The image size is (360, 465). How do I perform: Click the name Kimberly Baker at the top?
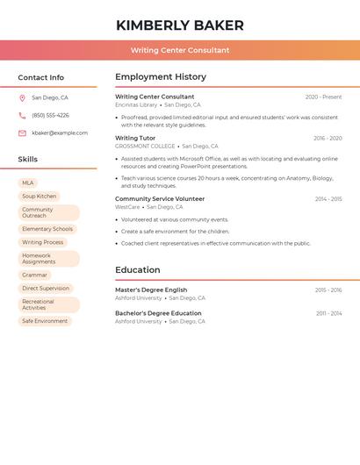[180, 25]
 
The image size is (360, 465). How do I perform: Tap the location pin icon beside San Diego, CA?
[22, 98]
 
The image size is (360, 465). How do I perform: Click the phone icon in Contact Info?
[22, 116]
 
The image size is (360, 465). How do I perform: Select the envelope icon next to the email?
[22, 133]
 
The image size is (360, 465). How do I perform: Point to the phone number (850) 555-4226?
[50, 116]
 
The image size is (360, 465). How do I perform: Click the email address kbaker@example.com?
[60, 133]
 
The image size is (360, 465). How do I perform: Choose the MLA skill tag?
[28, 183]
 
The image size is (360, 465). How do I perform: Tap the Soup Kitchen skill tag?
[40, 197]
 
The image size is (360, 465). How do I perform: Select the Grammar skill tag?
[35, 275]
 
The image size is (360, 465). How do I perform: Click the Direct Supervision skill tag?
[46, 289]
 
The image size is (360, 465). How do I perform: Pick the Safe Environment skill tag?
[45, 321]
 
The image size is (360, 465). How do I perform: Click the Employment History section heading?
[161, 77]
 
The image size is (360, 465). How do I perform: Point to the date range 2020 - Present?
[323, 97]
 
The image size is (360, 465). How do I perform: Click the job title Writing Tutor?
[135, 138]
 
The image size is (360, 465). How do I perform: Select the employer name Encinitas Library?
[136, 105]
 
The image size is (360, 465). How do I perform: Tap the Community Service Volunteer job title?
[160, 199]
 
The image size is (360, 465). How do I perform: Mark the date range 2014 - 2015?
[328, 199]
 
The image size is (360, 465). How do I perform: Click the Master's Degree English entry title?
[151, 290]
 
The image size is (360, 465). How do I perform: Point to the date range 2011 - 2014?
[329, 313]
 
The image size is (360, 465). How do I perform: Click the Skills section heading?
[28, 160]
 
